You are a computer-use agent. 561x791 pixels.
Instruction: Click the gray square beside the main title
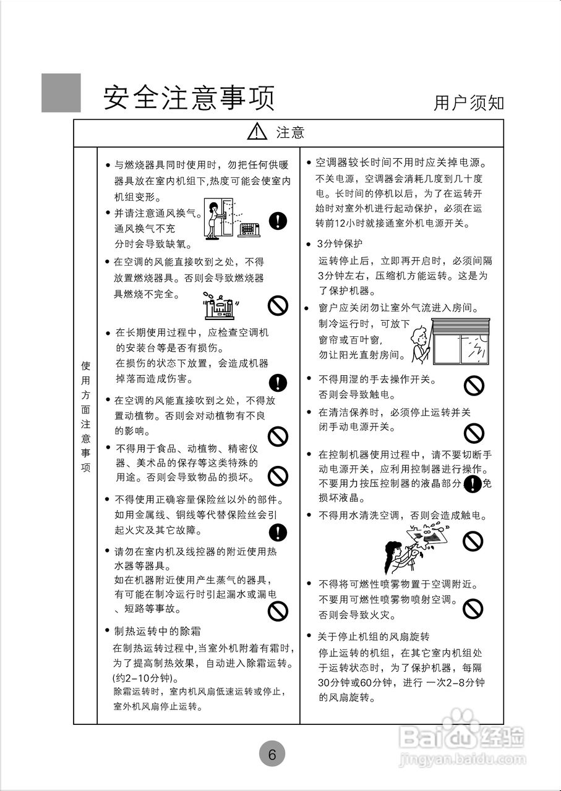pos(61,93)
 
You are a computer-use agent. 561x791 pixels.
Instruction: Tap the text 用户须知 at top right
pos(468,103)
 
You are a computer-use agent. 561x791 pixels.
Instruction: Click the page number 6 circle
pos(272,754)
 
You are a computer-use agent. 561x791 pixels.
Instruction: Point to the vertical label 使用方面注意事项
pos(85,417)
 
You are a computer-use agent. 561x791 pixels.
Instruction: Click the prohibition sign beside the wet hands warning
pos(474,387)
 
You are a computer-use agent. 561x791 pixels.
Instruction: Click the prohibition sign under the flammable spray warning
pos(473,607)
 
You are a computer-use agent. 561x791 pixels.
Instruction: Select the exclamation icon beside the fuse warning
pos(278,531)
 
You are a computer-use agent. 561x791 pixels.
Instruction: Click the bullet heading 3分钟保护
pos(340,244)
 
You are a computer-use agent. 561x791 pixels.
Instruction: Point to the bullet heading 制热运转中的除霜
pos(157,631)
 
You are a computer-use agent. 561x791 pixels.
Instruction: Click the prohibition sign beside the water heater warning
pos(278,611)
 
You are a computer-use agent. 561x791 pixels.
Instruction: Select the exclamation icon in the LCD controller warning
pos(473,484)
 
